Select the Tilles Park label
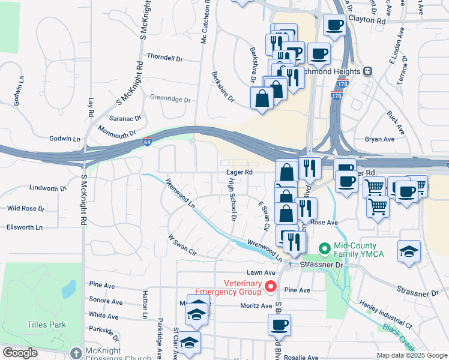click(46, 325)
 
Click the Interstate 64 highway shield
click(148, 142)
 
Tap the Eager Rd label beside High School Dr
click(239, 172)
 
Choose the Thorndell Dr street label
click(164, 58)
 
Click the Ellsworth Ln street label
click(25, 227)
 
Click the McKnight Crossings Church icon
click(76, 353)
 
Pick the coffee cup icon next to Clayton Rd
click(335, 25)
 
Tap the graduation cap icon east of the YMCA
click(409, 251)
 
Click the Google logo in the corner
click(20, 353)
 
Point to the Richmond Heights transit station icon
click(367, 71)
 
